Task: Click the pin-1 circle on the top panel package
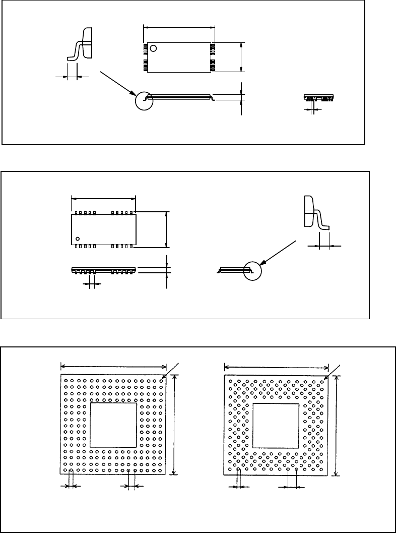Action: (x=153, y=48)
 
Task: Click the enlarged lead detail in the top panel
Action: (x=82, y=44)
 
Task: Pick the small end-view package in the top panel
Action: (x=319, y=97)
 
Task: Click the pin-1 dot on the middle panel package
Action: (x=78, y=238)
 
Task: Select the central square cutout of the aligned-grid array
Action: (x=113, y=425)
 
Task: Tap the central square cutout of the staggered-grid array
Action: (x=276, y=425)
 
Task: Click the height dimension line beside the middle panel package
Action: (x=166, y=229)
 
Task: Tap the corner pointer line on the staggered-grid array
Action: (x=335, y=370)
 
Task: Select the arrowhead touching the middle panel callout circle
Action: (x=263, y=262)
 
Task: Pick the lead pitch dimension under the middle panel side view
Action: (x=91, y=284)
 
